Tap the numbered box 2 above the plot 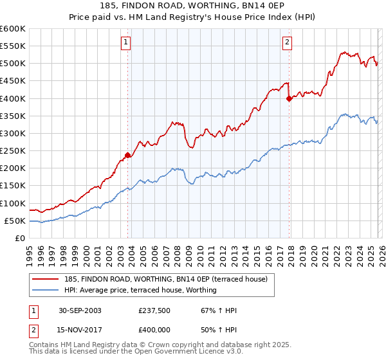(x=287, y=43)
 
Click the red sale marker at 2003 (x=128, y=155)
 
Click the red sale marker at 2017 (x=289, y=98)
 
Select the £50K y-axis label (x=15, y=221)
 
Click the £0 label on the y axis (x=21, y=238)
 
